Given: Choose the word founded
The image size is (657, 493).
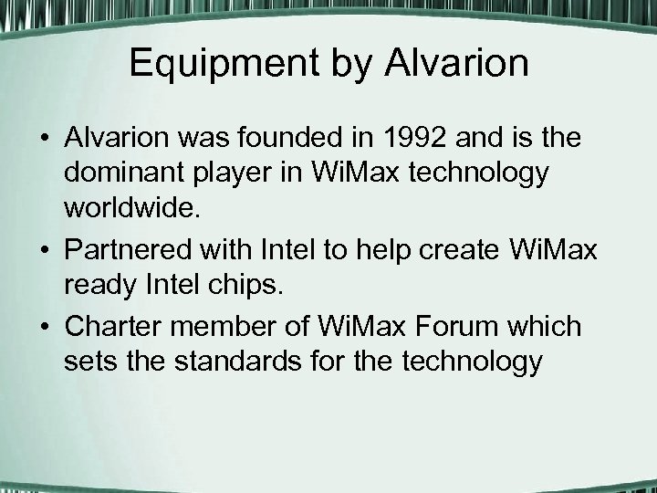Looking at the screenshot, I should tap(306, 140).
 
